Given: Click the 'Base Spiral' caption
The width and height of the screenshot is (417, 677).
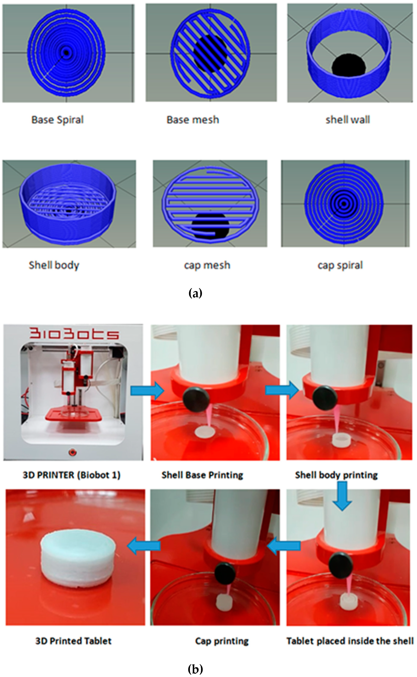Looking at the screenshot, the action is (x=57, y=120).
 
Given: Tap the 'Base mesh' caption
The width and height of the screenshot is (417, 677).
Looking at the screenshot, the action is (x=193, y=120).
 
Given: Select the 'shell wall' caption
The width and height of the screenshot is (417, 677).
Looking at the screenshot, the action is (x=348, y=120).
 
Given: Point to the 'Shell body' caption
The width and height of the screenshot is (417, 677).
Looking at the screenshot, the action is (x=54, y=265).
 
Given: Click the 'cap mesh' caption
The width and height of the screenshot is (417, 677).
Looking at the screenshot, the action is (x=207, y=265).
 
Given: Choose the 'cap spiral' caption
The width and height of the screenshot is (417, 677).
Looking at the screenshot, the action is (x=340, y=265).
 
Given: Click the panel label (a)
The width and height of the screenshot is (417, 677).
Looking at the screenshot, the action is (x=195, y=293).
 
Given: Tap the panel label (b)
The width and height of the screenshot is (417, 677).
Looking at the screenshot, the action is (x=195, y=669).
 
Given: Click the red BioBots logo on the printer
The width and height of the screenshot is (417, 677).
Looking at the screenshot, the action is (x=74, y=334).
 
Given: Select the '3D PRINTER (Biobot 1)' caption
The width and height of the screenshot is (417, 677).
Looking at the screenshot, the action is (x=71, y=475).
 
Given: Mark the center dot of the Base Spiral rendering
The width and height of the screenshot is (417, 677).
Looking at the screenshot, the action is (x=66, y=52).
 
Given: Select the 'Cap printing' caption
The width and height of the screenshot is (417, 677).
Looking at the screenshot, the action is (x=222, y=641).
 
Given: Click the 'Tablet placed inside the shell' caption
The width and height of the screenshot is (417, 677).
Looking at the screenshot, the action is (x=350, y=641).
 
